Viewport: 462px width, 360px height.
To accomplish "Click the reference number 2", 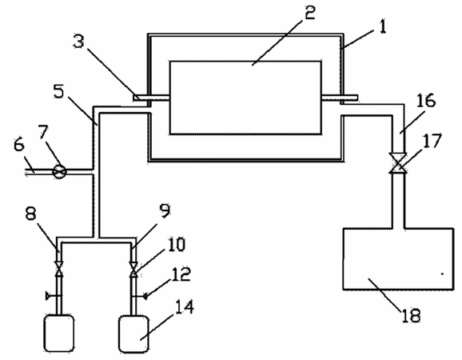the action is tap(309, 12).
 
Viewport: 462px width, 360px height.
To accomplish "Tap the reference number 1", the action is tap(382, 27).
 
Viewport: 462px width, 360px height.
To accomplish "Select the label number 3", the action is tap(78, 41).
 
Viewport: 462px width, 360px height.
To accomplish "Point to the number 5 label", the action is tap(58, 91).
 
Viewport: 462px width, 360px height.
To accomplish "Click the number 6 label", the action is tap(19, 145).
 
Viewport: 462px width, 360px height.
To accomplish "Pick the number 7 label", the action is tap(43, 132).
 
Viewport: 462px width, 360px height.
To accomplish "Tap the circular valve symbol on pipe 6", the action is tap(59, 171).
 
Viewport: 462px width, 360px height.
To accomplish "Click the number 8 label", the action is tap(30, 213).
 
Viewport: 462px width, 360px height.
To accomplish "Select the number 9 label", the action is tap(165, 210).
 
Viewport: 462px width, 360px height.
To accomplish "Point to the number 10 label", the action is tap(177, 244).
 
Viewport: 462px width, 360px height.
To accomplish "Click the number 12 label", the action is tap(181, 274).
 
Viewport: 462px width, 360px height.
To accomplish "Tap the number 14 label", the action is tap(185, 306).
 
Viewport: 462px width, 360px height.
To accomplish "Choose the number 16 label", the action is tap(426, 100).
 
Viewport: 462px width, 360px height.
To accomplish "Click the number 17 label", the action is tap(432, 141).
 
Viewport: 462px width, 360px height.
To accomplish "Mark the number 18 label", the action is tap(411, 315).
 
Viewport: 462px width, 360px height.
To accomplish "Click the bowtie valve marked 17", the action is tap(398, 163).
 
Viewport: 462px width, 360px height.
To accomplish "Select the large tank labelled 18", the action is tap(398, 258).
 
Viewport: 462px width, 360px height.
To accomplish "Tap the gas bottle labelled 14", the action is tap(133, 334).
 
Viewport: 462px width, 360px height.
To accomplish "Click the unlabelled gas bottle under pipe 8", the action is tap(59, 333).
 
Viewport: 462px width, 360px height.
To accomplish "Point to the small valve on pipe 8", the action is tap(59, 269).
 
